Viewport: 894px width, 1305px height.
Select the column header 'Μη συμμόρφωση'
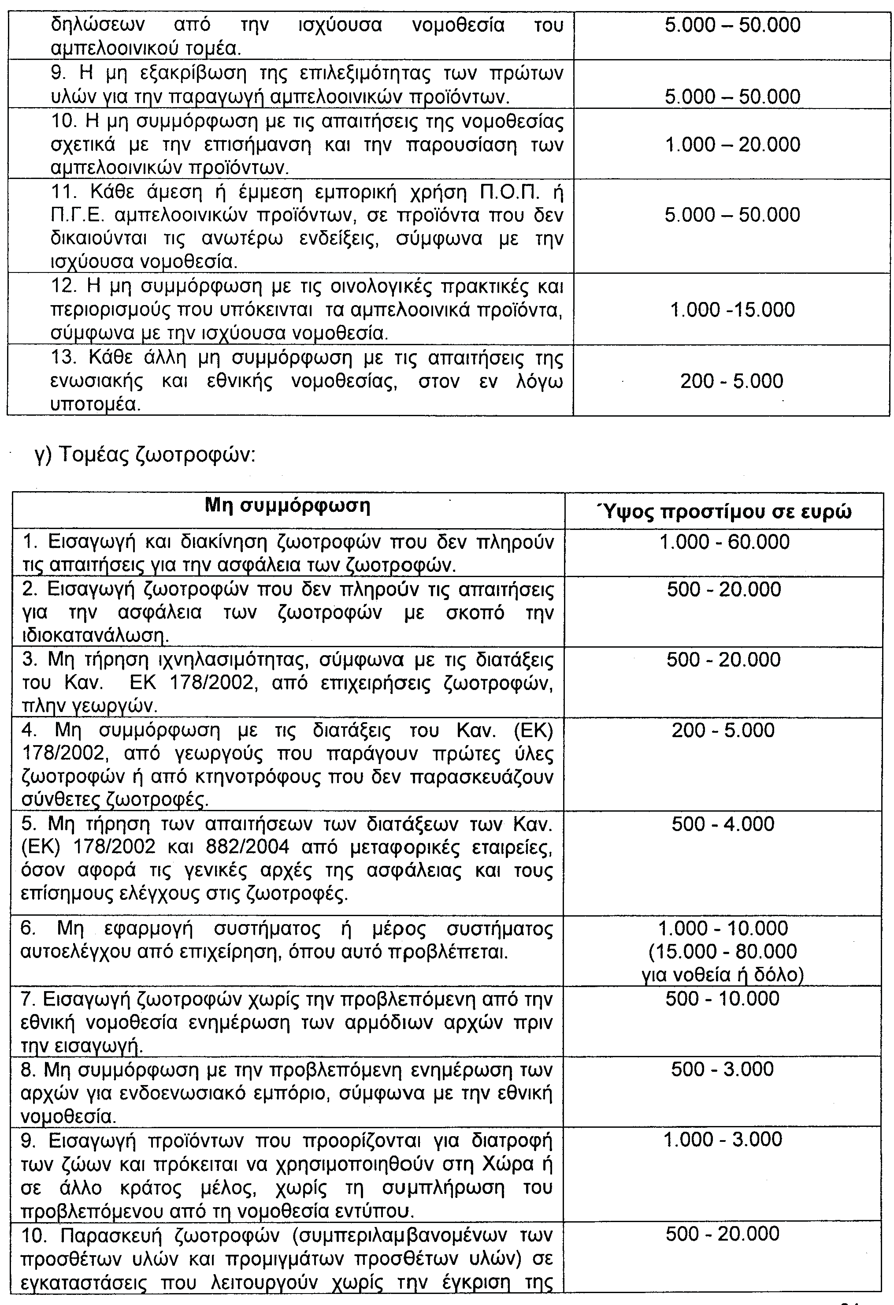pos(288,507)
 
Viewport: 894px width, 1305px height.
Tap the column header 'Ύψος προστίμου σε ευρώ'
pos(727,512)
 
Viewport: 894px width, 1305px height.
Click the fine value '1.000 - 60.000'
pos(724,542)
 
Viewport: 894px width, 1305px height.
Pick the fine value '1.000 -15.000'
pos(732,309)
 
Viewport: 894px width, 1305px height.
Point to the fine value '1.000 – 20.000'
pos(732,145)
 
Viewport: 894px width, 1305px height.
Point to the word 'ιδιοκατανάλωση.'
pos(95,636)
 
